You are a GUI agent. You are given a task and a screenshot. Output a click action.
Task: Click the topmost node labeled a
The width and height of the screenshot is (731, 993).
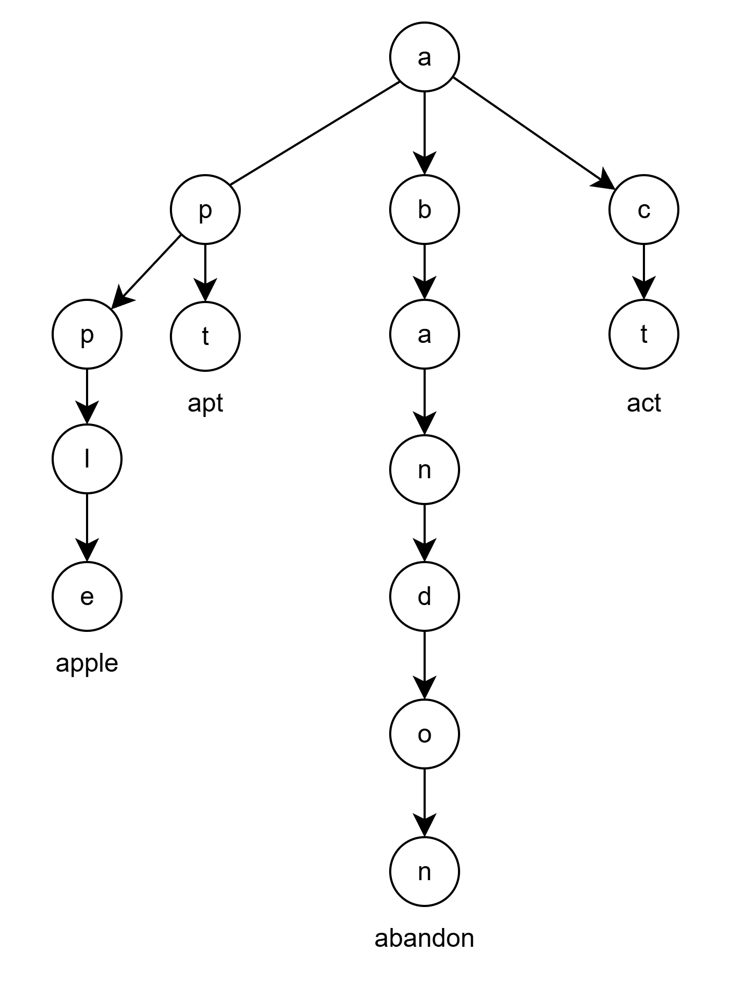[424, 57]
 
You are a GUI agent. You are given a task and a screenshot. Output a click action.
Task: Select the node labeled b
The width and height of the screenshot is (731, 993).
[424, 210]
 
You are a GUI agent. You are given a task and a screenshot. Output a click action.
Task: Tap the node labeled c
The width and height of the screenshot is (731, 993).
[643, 210]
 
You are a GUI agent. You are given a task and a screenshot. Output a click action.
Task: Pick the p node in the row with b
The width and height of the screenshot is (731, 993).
[205, 210]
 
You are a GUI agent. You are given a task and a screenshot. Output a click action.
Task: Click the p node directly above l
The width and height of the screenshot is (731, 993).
[87, 334]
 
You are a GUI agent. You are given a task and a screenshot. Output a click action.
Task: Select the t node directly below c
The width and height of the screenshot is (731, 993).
[643, 334]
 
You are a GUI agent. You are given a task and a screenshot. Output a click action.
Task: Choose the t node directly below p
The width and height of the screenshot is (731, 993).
[205, 336]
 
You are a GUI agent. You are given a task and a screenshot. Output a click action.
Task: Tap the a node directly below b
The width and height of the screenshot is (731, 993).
[424, 334]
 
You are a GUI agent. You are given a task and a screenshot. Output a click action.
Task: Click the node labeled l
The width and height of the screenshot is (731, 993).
[87, 459]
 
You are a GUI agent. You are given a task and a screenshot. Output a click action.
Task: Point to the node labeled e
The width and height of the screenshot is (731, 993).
[87, 596]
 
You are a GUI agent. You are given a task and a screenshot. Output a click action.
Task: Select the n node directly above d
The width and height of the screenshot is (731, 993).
[424, 470]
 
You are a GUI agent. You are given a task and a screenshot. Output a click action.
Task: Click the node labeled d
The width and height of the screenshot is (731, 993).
[424, 596]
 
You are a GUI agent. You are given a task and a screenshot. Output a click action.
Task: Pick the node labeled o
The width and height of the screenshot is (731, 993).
[424, 734]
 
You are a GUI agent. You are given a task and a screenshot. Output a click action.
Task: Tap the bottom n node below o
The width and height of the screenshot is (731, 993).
[424, 872]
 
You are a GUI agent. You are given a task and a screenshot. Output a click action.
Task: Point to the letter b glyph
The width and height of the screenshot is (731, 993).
[424, 209]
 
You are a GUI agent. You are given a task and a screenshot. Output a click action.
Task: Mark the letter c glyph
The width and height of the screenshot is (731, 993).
[643, 210]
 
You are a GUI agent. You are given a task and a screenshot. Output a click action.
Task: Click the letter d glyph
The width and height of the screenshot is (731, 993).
[424, 596]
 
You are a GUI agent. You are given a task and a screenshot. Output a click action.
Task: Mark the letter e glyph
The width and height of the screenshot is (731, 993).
[87, 597]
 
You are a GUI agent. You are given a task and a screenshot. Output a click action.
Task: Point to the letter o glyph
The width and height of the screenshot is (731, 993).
[424, 735]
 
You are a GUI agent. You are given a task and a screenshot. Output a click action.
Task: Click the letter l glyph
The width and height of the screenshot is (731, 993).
[87, 459]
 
